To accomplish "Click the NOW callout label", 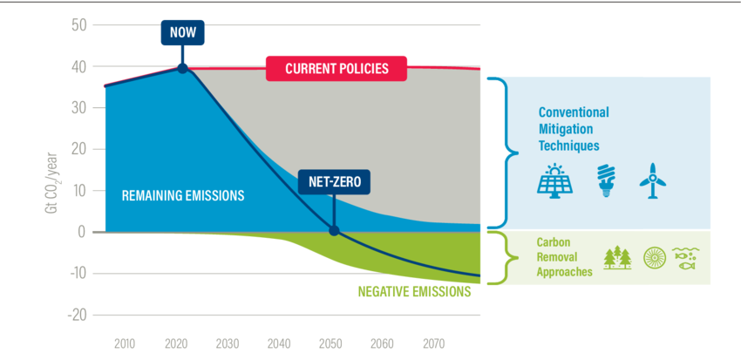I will pyautogui.click(x=182, y=32).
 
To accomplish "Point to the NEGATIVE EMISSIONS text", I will pyautogui.click(x=415, y=292).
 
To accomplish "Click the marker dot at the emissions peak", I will pyautogui.click(x=182, y=68).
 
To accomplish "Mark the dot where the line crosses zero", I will pyautogui.click(x=333, y=232).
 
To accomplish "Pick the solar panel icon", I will pyautogui.click(x=554, y=181).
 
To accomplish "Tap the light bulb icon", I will pyautogui.click(x=604, y=181).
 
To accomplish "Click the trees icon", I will pyautogui.click(x=617, y=258).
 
